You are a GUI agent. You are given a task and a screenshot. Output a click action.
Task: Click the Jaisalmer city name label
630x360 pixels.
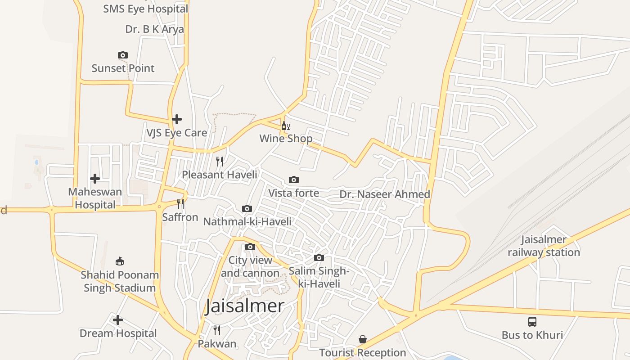tap(245, 306)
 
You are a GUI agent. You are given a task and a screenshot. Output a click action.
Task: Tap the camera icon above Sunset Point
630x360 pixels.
tap(122, 55)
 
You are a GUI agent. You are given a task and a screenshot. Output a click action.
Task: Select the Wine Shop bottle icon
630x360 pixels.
tap(285, 126)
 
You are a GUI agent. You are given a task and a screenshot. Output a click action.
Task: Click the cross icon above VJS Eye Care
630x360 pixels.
tap(177, 119)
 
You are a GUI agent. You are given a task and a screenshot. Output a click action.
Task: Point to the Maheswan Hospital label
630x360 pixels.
tap(95, 198)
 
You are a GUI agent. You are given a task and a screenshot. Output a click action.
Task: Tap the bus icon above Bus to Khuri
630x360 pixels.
tap(532, 322)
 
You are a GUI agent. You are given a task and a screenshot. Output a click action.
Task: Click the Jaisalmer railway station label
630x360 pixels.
tap(544, 246)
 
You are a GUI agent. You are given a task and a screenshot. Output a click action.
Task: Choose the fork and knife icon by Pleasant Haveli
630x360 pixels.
tap(220, 161)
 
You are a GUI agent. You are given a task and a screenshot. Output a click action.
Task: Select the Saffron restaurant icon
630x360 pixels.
tap(180, 204)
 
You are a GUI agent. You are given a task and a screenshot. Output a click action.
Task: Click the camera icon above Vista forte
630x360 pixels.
tap(293, 180)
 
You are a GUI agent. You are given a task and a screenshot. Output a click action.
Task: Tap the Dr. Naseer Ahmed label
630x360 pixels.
tap(385, 194)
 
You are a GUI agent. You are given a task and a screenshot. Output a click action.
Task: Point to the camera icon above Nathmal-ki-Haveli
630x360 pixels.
tap(247, 208)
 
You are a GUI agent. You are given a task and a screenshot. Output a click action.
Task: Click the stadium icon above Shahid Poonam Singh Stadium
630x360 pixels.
tap(120, 261)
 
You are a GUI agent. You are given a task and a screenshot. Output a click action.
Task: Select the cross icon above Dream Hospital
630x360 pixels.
tap(118, 320)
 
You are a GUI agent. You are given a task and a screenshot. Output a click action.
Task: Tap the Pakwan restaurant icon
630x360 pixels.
tap(217, 330)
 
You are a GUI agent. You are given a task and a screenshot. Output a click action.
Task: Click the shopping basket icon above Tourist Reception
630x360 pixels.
tap(363, 339)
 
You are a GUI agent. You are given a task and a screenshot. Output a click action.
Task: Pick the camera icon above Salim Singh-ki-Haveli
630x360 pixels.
tap(319, 257)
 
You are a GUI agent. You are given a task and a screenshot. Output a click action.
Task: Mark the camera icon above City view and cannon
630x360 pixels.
tap(250, 247)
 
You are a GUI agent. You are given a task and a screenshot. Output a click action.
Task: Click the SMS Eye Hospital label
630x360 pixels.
tap(145, 9)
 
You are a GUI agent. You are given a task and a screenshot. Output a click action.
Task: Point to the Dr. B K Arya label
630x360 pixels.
tap(154, 29)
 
